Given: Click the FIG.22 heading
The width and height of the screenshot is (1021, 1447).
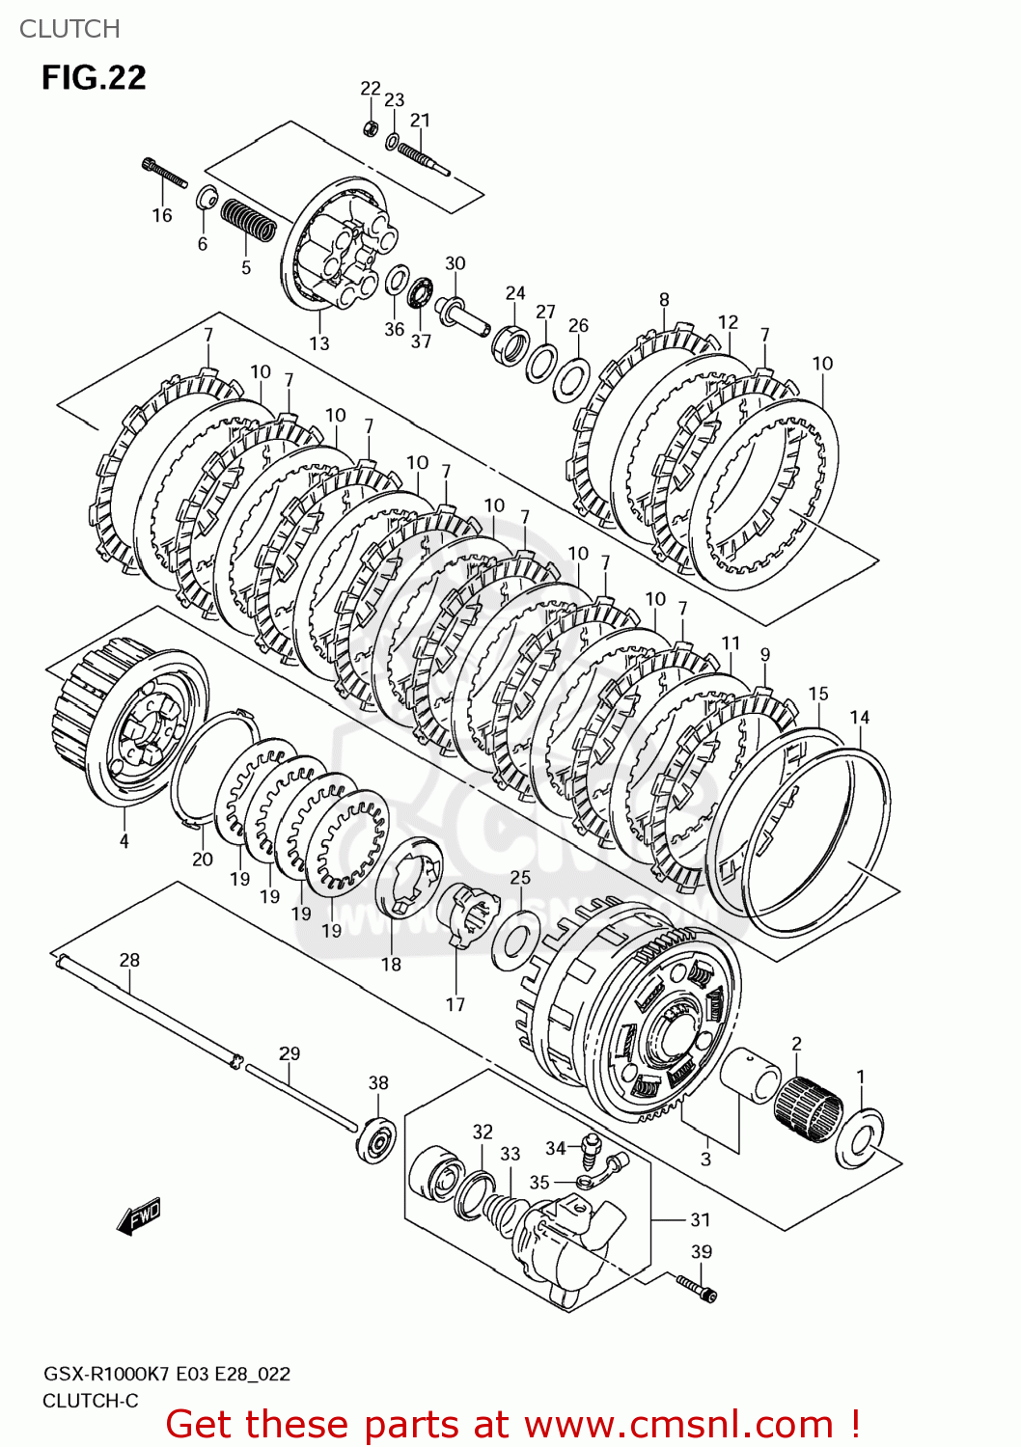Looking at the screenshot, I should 94,77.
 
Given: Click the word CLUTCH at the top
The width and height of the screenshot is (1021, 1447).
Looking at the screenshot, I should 69,29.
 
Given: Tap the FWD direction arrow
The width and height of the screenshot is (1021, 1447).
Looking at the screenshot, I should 139,1216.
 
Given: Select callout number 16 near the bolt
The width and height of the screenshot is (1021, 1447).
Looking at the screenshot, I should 162,215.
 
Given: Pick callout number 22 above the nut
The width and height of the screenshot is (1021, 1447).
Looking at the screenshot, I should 371,89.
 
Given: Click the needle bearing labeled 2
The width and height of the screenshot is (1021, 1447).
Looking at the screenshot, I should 809,1108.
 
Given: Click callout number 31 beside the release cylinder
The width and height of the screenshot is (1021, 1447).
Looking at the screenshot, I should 701,1220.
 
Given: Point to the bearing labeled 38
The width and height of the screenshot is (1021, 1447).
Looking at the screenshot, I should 376,1138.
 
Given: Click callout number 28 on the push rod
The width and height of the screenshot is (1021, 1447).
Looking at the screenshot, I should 129,960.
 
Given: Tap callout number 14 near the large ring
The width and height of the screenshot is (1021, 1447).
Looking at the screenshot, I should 860,717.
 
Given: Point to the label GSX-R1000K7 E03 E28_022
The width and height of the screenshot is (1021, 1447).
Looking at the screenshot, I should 166,1374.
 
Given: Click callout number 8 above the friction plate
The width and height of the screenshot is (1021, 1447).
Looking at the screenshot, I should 664,300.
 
